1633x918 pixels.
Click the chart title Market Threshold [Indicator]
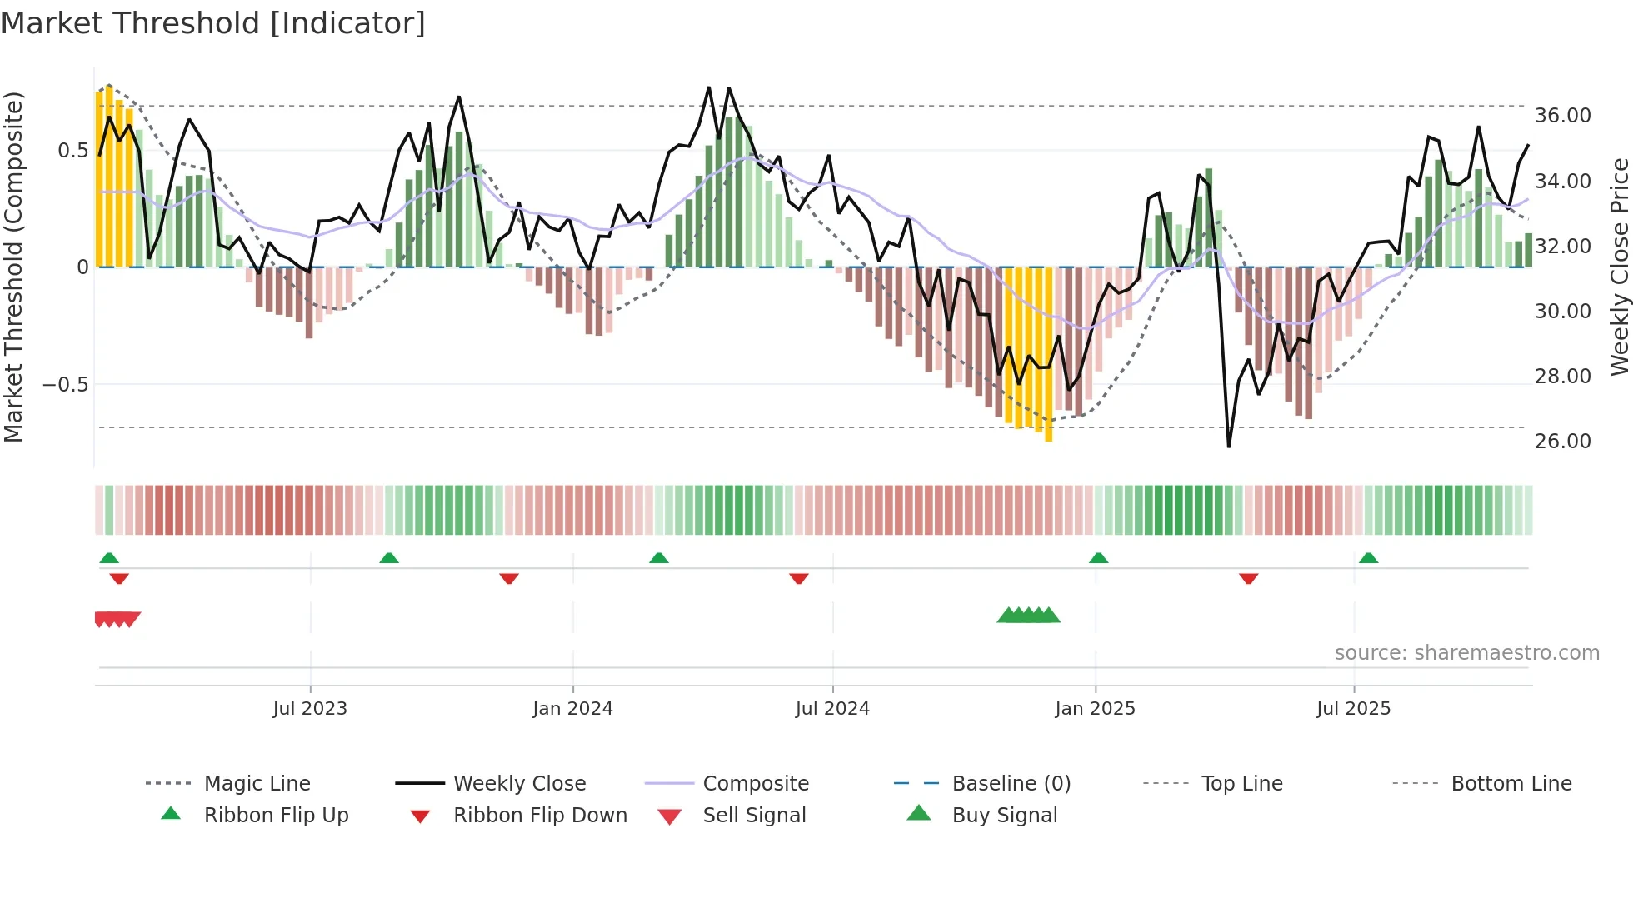click(213, 23)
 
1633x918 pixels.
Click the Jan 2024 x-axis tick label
click(572, 709)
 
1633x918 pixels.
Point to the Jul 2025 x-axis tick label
click(1353, 709)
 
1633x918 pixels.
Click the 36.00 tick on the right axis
click(1562, 116)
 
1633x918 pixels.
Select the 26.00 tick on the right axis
click(1562, 442)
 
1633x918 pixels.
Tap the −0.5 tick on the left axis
click(66, 385)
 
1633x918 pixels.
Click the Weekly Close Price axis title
click(1619, 267)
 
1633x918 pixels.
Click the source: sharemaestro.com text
click(1466, 653)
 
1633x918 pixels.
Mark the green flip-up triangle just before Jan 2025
click(1098, 558)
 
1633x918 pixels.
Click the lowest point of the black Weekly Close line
click(1228, 447)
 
